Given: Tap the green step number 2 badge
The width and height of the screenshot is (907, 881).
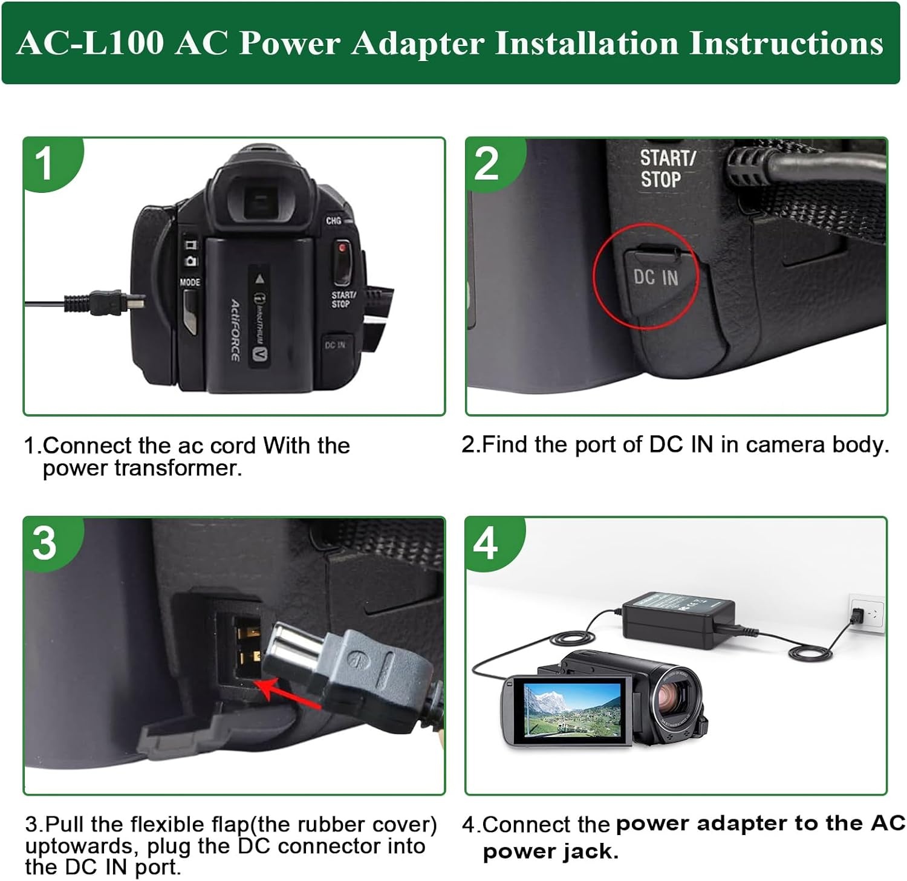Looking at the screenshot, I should [x=487, y=163].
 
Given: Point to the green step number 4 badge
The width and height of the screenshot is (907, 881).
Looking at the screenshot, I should [x=486, y=542].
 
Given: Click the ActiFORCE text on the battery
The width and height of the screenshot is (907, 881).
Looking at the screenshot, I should [x=235, y=330].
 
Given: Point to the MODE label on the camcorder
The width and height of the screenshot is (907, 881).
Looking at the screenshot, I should [x=189, y=282].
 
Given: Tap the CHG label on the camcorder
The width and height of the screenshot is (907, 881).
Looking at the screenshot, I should [x=333, y=221].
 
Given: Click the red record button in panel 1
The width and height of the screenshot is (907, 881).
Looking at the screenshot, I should [x=342, y=248].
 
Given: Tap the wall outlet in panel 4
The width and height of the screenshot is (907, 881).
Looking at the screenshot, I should [x=866, y=614].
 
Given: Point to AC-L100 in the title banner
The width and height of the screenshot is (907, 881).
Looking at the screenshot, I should [x=91, y=44].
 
